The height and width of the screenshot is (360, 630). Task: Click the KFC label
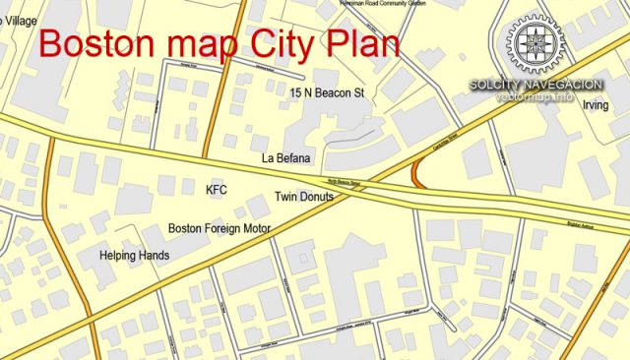coord(216,188)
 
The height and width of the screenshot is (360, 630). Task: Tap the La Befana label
coord(286,157)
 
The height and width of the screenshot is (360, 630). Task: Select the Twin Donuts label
coord(304,197)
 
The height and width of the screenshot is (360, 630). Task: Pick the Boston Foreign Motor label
coord(220,228)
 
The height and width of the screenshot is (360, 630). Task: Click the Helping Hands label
coord(135,256)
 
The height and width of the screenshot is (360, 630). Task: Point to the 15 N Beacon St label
coord(328,92)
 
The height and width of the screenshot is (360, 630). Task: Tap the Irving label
coord(596,105)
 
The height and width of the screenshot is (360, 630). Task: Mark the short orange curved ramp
coord(417,174)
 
